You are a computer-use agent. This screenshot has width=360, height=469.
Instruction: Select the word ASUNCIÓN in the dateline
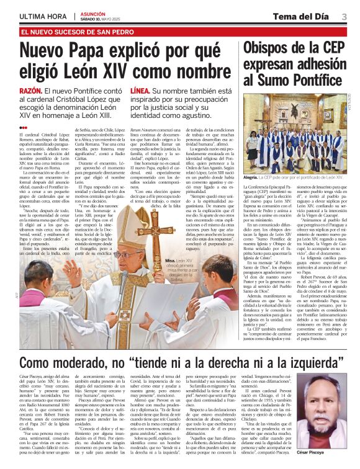coord(93,12)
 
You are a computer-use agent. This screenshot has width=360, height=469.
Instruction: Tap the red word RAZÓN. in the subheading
coord(30,91)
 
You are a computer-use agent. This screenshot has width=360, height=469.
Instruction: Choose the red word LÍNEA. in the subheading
coord(140,91)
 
